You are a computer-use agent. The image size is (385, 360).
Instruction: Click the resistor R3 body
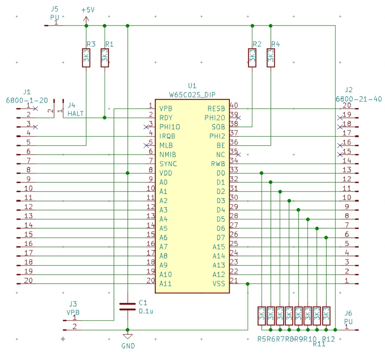[x=86, y=58]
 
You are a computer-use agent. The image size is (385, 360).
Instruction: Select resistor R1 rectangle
[x=105, y=58]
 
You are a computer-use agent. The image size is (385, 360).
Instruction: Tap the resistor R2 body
[x=252, y=58]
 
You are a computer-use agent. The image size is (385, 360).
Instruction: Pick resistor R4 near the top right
[x=271, y=58]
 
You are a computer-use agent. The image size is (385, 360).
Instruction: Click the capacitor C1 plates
[x=127, y=307]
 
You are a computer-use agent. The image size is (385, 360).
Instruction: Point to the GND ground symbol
[x=127, y=336]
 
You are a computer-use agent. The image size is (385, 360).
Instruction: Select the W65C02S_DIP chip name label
[x=192, y=95]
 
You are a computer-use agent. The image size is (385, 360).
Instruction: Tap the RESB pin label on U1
[x=216, y=109]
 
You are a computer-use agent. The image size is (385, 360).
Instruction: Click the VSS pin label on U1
[x=219, y=284]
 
